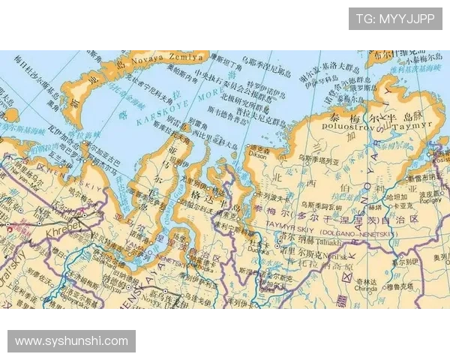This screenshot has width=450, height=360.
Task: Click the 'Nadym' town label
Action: click(x=120, y=297)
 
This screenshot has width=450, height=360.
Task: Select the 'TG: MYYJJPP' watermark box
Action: click(x=395, y=18)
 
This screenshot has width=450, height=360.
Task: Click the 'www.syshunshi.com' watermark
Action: click(x=72, y=341)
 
